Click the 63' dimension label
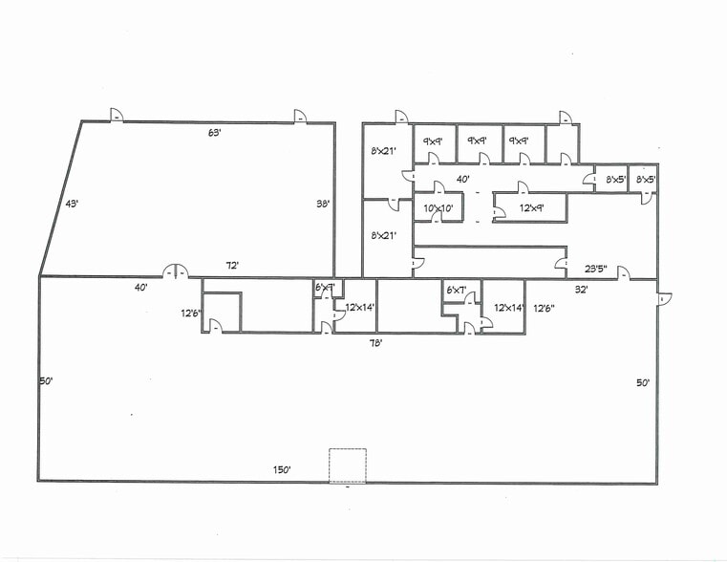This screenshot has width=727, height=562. point(214,133)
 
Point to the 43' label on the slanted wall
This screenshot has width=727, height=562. point(71,204)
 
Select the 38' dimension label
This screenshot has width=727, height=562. point(323,204)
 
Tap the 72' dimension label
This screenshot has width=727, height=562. point(230,266)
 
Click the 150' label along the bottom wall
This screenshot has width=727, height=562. point(282,469)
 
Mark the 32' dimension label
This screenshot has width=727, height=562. point(579,288)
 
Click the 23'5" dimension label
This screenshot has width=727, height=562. point(595,269)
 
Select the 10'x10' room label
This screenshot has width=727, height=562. point(438,207)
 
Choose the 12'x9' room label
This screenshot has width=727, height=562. point(531,207)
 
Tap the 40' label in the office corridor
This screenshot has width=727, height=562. point(462,179)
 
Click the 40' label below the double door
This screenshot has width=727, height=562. point(141,287)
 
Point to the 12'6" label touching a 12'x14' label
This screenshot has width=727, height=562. point(543,308)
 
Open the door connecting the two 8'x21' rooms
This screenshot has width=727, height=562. point(395,202)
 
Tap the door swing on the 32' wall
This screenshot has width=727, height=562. point(623,275)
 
